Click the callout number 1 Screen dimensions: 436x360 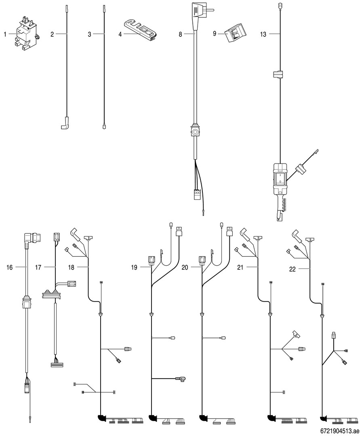click(x=5, y=35)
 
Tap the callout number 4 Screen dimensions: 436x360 click(x=120, y=35)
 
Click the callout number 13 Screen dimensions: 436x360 click(x=263, y=35)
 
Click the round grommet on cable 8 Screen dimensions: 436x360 click(x=195, y=132)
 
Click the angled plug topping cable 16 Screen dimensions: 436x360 click(x=31, y=239)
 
